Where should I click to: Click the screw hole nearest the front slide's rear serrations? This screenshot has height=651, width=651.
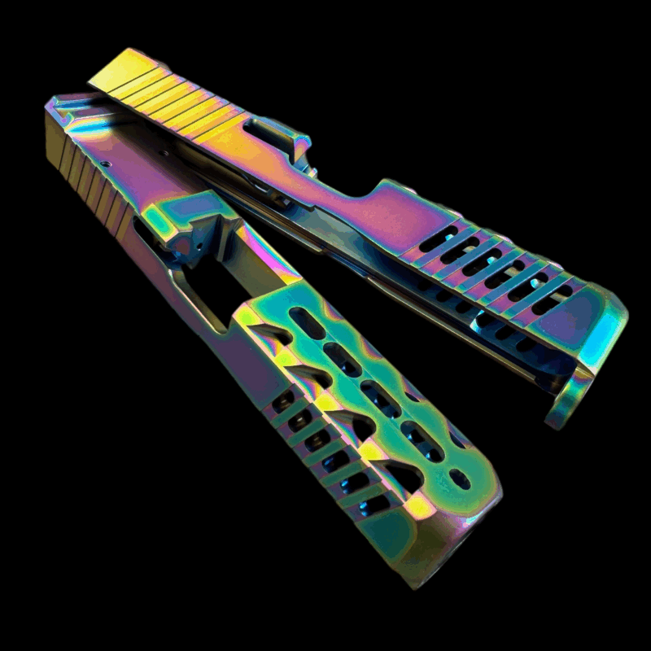pos(107,164)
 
